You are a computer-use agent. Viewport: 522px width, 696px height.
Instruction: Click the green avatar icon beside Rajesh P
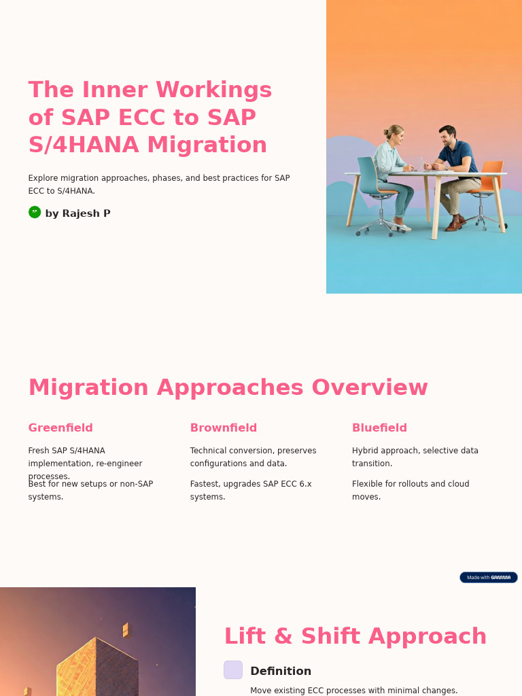pyautogui.click(x=35, y=212)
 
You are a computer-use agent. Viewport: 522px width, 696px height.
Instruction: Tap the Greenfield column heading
pyautogui.click(x=60, y=428)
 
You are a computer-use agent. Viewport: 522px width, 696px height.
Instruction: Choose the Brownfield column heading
pyautogui.click(x=224, y=428)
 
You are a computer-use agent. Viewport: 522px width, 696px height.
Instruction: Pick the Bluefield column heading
pyautogui.click(x=379, y=428)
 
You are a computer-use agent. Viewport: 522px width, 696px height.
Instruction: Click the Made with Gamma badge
pyautogui.click(x=488, y=577)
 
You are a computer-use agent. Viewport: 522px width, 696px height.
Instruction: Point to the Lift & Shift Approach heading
pyautogui.click(x=355, y=636)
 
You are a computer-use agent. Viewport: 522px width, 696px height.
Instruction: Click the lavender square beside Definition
pyautogui.click(x=233, y=670)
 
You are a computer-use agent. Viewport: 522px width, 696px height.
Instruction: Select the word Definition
pyautogui.click(x=281, y=672)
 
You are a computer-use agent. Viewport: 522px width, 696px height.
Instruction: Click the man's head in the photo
pyautogui.click(x=447, y=135)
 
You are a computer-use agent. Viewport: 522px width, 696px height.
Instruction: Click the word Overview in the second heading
pyautogui.click(x=370, y=387)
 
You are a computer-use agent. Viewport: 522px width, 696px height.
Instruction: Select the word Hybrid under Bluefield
pyautogui.click(x=366, y=451)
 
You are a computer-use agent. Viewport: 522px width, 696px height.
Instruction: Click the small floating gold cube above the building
pyautogui.click(x=126, y=630)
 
